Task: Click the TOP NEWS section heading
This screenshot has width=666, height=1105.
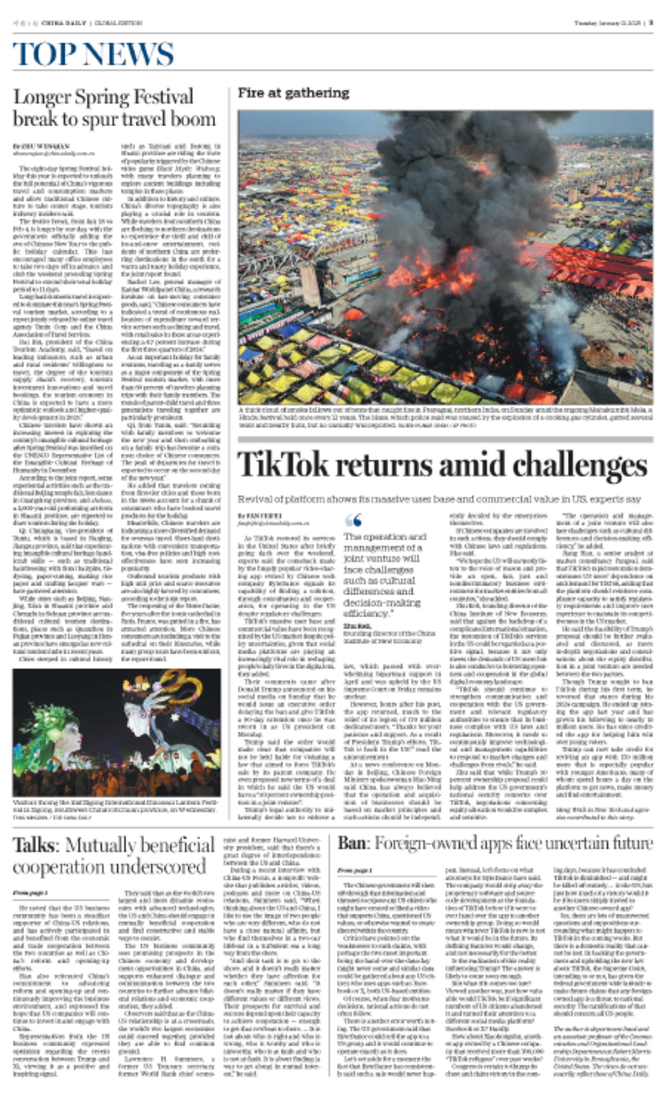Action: pos(93,54)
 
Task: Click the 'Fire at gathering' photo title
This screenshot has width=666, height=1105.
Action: pos(293,93)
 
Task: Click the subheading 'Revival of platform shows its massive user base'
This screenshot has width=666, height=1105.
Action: pos(439,499)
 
